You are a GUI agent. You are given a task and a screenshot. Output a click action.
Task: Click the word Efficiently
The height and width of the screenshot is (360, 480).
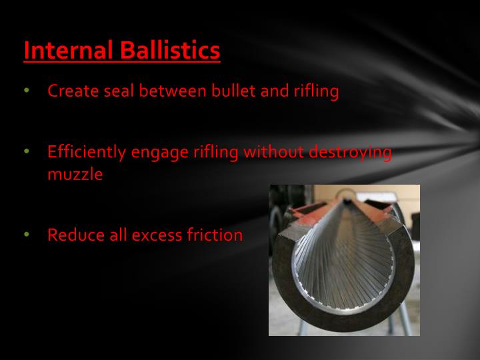(x=87, y=152)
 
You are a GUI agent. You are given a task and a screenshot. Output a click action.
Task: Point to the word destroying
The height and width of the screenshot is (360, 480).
(x=350, y=152)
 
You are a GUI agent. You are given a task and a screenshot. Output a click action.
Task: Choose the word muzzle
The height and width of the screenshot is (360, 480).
(x=75, y=175)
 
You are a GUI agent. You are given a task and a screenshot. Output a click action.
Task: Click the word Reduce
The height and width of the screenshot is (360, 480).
(x=73, y=235)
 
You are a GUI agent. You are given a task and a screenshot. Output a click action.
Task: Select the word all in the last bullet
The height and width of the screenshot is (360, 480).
(x=114, y=235)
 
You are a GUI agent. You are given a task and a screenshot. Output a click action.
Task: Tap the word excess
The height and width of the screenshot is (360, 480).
(x=154, y=235)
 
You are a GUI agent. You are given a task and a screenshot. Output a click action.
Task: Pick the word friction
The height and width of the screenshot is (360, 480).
(x=215, y=235)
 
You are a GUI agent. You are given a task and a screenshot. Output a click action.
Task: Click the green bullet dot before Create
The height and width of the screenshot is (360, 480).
(x=27, y=91)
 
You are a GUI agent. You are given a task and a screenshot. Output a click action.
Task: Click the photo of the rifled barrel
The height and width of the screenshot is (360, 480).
(x=344, y=260)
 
